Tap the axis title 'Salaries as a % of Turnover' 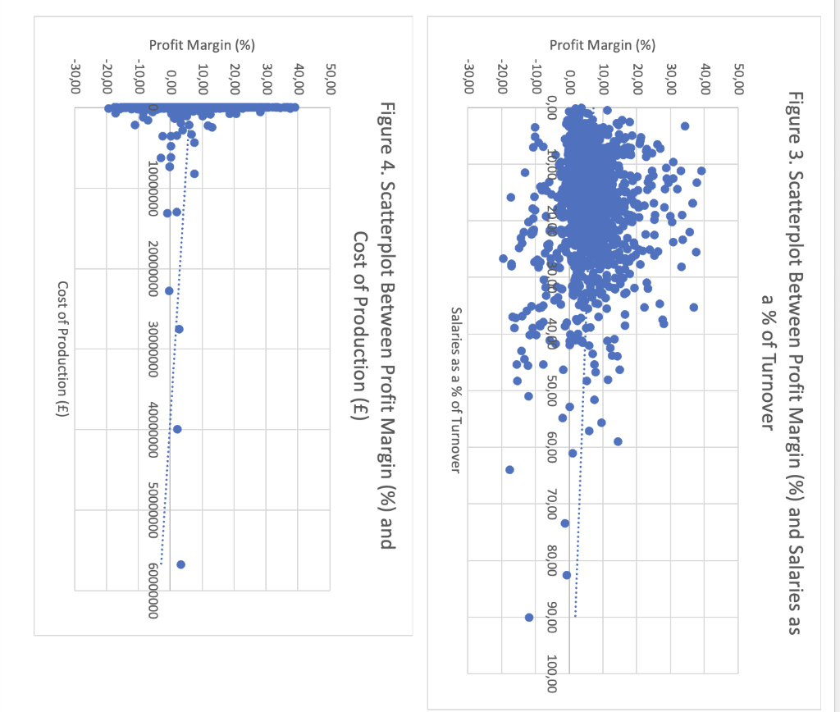(456, 390)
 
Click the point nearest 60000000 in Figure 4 (180, 564)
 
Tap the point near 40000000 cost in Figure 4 (177, 429)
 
